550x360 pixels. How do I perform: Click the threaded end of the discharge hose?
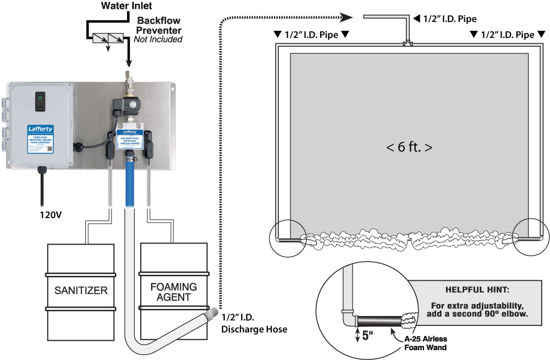[208, 315]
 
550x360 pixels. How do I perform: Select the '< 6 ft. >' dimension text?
[409, 148]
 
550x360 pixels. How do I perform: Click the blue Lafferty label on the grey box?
[40, 137]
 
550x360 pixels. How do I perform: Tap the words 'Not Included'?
[158, 40]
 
